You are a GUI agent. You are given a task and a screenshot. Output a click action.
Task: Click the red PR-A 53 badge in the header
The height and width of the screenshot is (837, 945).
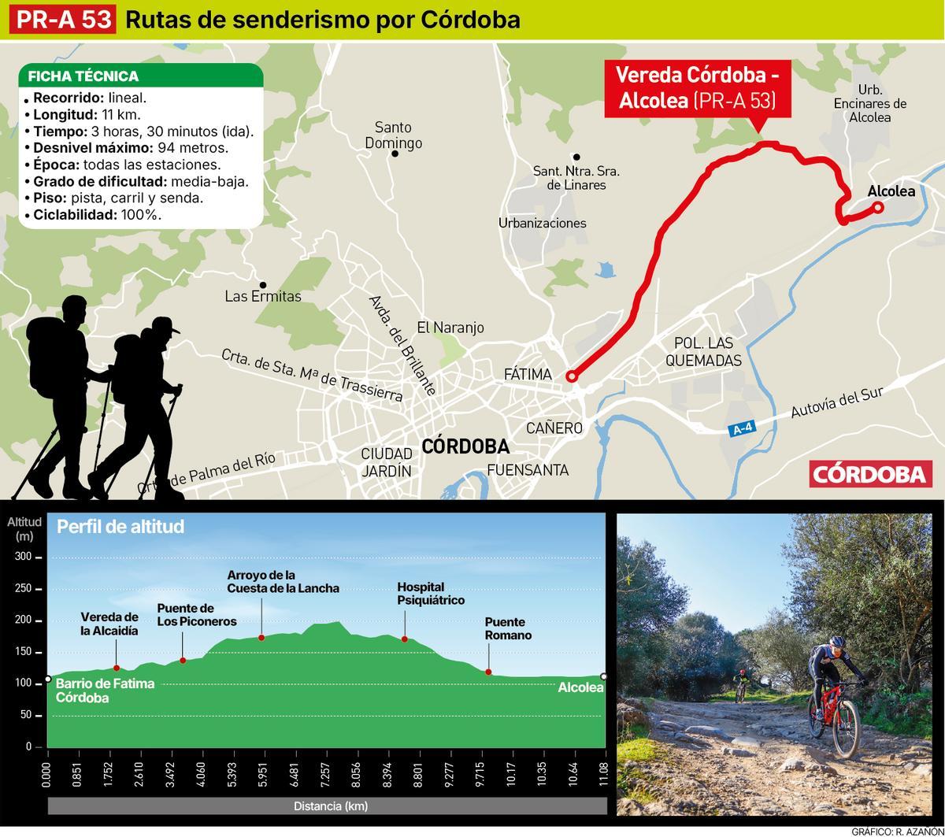click(63, 20)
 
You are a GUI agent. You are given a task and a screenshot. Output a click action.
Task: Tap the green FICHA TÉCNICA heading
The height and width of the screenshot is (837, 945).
click(83, 76)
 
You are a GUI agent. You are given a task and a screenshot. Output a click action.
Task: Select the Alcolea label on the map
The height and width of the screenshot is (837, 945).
click(891, 191)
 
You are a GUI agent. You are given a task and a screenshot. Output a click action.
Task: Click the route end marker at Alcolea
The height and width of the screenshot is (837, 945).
click(877, 208)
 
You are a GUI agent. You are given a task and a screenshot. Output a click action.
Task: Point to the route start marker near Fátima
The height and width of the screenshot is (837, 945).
click(572, 377)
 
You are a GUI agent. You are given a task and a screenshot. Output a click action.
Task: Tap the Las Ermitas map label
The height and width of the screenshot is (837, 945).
click(263, 297)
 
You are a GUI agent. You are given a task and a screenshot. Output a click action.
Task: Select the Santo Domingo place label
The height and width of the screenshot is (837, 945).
click(394, 135)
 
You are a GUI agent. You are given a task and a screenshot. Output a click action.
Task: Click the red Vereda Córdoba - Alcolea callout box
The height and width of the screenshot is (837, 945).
click(697, 87)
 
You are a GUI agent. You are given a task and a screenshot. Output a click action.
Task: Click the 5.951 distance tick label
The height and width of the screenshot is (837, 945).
click(262, 775)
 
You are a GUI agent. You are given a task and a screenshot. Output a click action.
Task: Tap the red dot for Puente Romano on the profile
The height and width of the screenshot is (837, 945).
click(488, 672)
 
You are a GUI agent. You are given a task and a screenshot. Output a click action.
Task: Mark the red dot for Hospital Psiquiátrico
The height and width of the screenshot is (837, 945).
click(405, 639)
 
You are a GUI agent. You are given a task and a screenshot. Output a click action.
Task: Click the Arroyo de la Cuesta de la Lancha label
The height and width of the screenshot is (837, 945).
click(283, 581)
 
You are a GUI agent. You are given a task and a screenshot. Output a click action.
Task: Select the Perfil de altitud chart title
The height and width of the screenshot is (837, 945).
click(120, 527)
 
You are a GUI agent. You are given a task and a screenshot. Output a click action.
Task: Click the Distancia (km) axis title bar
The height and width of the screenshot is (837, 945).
click(330, 806)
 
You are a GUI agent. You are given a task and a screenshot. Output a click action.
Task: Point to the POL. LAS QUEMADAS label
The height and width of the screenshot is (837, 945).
click(703, 352)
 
